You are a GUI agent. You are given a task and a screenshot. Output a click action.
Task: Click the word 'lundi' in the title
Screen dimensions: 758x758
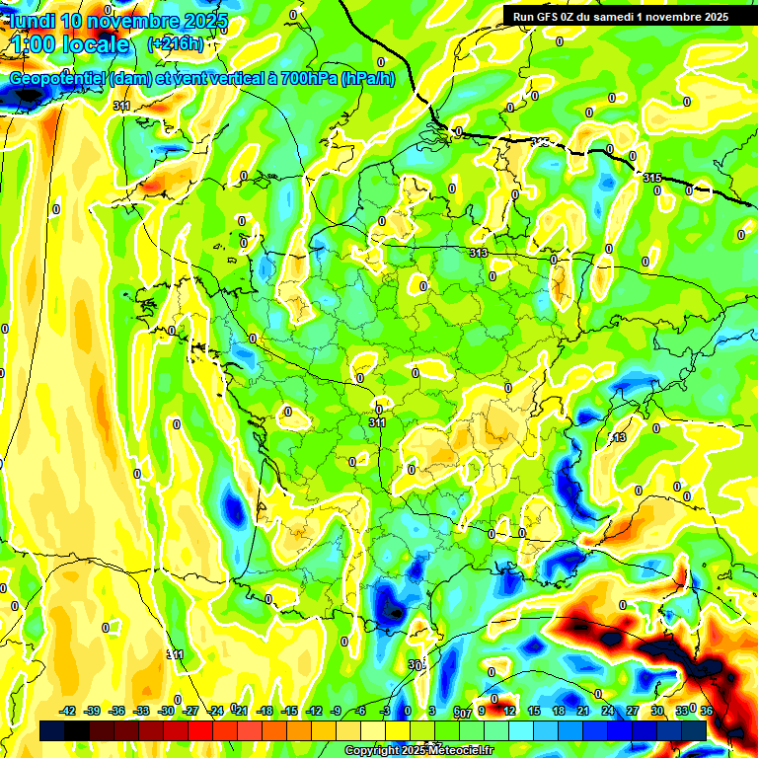pos(32,21)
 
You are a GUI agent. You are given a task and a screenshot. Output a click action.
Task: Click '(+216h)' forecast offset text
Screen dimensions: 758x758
pos(176,44)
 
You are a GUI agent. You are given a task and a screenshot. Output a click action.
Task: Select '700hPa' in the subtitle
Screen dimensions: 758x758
pos(308,79)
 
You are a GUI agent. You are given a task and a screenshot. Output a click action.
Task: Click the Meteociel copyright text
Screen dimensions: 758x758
pos(419,751)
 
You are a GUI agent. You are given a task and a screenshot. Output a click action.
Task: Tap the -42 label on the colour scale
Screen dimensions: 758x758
pos(68,711)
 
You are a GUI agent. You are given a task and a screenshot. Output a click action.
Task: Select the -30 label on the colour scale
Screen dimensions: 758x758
pos(166,711)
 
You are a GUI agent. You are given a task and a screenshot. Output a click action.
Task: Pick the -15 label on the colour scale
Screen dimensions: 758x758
pos(289,711)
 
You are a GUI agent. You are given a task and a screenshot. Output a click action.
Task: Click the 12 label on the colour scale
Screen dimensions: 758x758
pos(508,711)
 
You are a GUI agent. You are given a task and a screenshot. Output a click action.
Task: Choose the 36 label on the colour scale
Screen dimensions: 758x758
pos(707,711)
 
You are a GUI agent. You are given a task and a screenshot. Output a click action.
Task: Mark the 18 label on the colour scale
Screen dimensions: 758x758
pos(557,711)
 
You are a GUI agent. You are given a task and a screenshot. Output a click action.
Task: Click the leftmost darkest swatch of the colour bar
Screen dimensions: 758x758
pos(52,730)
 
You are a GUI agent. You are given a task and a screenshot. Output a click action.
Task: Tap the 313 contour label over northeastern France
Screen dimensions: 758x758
pos(479,254)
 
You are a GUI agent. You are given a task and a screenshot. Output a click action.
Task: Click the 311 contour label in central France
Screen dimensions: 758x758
pos(377,422)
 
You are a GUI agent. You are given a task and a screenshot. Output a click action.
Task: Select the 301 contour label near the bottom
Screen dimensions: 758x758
pos(417,665)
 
